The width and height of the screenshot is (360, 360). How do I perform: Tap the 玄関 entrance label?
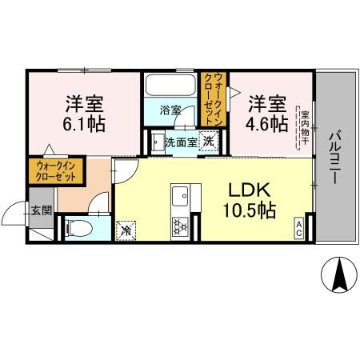pos(41,211)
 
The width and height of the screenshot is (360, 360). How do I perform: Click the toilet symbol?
pos(78,227)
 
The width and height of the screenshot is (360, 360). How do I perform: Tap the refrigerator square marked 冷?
pos(126,228)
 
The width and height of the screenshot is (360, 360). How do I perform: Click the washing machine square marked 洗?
pos(207,142)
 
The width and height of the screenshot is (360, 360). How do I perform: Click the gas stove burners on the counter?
pos(180,226)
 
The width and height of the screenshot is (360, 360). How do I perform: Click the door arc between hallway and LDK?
pos(124,170)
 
